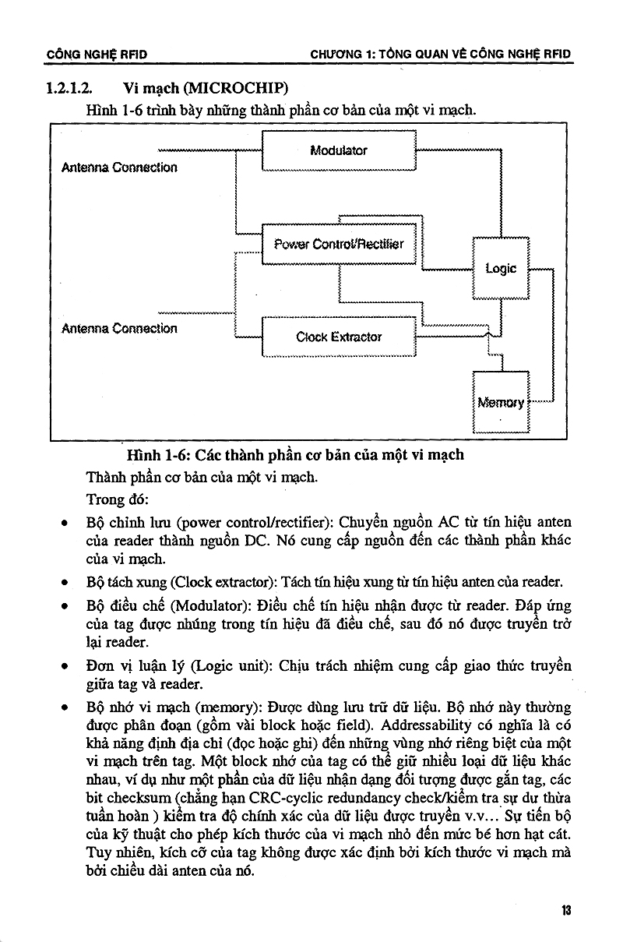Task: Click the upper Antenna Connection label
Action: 119,168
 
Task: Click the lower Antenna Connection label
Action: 119,328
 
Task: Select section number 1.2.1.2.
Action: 69,88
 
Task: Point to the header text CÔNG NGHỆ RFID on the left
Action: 97,55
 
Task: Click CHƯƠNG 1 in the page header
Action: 342,54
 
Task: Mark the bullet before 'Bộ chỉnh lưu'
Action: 65,524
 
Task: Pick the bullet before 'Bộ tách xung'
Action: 65,583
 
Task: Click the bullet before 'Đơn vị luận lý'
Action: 65,667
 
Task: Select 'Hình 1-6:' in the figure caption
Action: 160,455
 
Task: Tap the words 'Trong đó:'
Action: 118,499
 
